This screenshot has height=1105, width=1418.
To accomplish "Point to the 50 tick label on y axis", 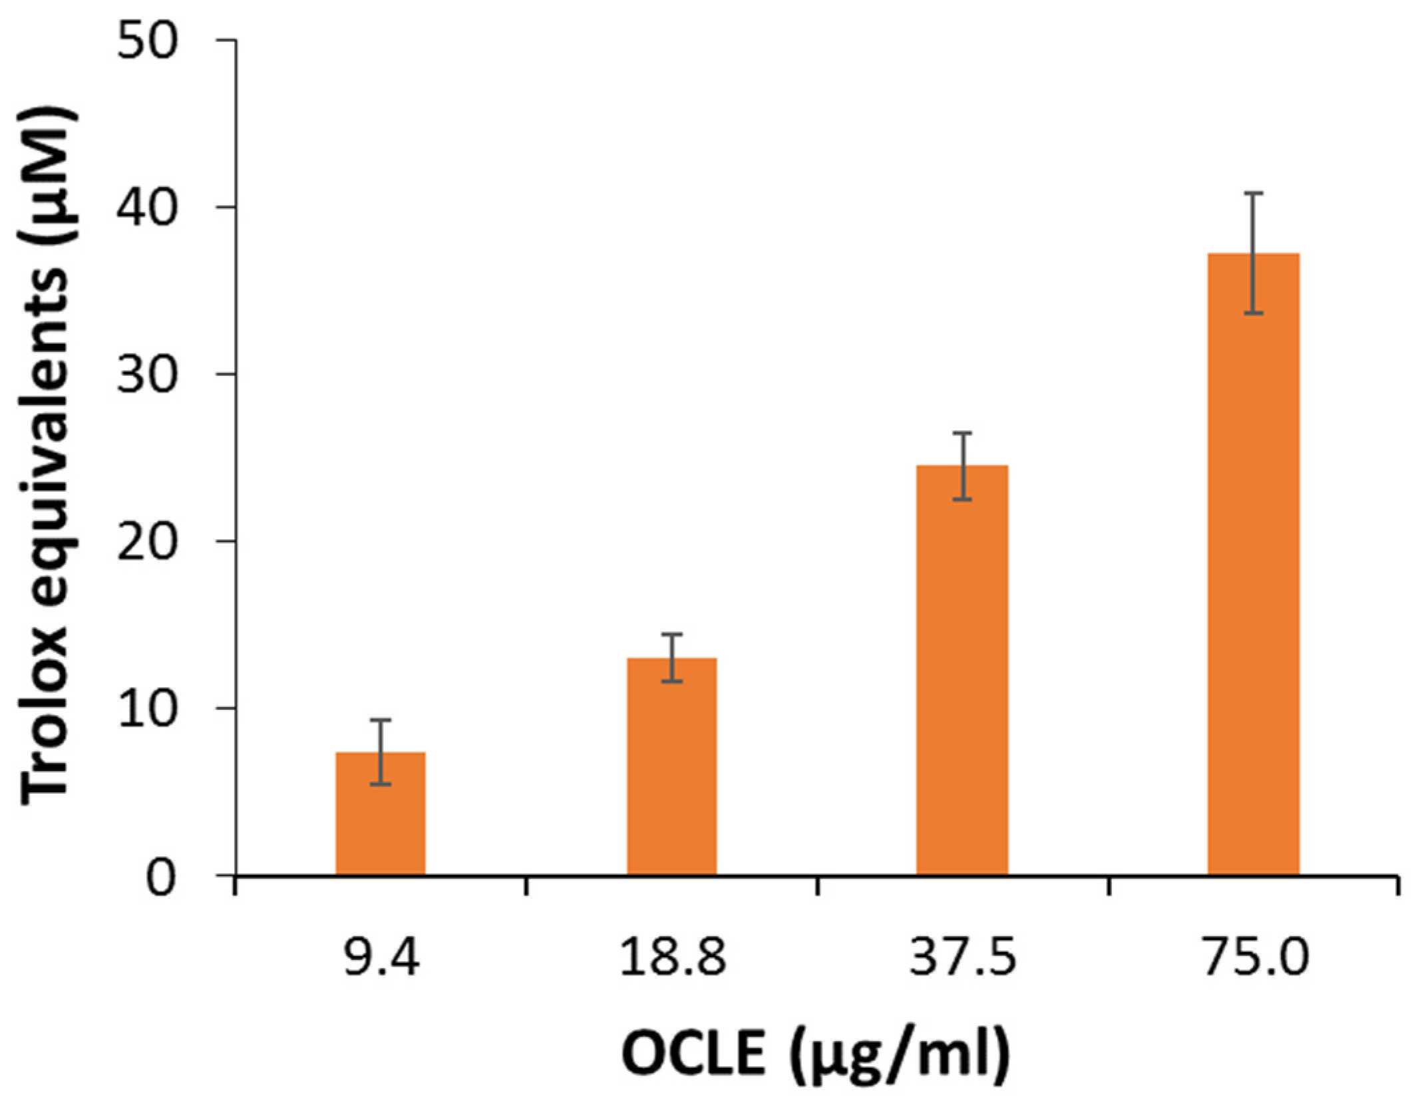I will pos(148,41).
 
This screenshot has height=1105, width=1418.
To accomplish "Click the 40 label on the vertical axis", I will pos(148,208).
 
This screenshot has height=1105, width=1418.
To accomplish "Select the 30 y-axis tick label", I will pos(148,375).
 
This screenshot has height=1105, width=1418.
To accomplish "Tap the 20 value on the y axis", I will pos(148,542).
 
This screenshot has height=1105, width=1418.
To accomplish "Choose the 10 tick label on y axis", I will pos(148,709).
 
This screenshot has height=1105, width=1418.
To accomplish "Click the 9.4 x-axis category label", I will pos(381,959).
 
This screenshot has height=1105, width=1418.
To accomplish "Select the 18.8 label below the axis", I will pos(672,959).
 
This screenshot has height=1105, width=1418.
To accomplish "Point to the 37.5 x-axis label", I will pos(963,959).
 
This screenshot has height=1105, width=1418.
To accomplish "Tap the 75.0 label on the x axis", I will pos(1255,959).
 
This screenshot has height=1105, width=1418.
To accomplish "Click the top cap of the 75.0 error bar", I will pos(1254,194).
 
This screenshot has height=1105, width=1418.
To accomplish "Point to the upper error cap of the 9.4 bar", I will pos(380,720).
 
